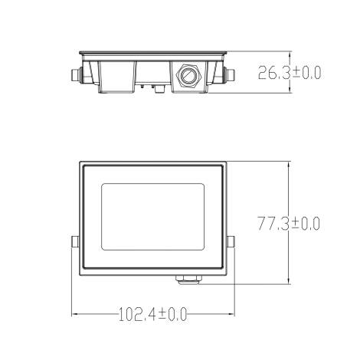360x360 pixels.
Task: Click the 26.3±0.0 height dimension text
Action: tap(289, 74)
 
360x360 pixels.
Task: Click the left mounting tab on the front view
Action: tap(74, 242)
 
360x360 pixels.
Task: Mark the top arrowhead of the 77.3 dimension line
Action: tap(290, 163)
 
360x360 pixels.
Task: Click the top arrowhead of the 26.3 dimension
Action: tap(290, 54)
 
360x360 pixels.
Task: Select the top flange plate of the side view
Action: tap(152, 52)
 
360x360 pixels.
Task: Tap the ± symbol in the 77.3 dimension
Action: tap(294, 224)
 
